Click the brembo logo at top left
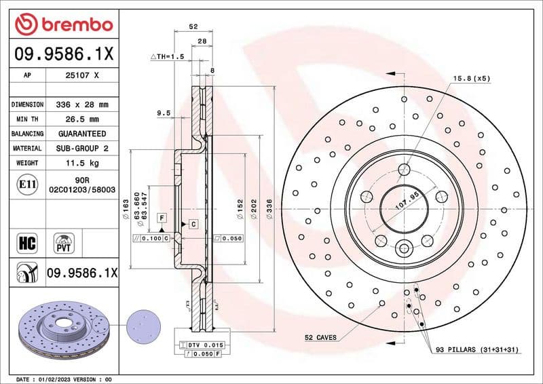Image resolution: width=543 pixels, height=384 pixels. tap(63, 25)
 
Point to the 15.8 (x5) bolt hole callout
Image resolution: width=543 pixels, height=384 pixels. tap(471, 79)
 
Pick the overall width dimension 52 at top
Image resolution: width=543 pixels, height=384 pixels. tap(193, 26)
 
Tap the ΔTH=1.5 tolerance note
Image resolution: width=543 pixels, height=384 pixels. tap(166, 57)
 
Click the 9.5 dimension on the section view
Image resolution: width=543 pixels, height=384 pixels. tap(163, 113)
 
